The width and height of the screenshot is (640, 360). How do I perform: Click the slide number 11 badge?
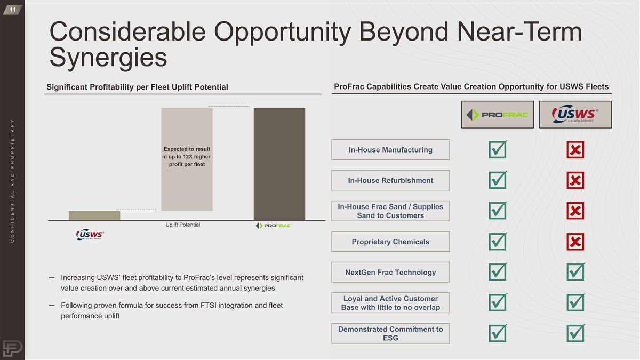pos(13,10)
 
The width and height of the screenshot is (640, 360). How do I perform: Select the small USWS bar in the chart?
pos(94,215)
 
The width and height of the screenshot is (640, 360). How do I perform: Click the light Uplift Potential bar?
pos(187,159)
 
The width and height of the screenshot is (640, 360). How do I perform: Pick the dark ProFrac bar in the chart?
pos(279,164)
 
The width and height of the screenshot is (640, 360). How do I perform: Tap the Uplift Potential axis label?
pos(183,225)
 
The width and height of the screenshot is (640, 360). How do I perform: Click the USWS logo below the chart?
pos(90,235)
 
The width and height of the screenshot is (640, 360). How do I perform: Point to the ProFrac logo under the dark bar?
pos(273,226)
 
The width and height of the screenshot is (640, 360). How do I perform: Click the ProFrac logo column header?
pos(498,115)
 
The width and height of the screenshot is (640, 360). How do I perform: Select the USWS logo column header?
pos(575,115)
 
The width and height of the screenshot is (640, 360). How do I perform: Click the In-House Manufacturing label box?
pos(390,150)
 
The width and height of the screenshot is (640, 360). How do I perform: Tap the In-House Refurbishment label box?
pos(390,180)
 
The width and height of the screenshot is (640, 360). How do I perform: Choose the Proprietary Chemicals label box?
pos(390,242)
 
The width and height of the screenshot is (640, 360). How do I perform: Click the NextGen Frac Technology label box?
pos(390,273)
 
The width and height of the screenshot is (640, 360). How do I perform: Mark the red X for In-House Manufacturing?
pos(575,150)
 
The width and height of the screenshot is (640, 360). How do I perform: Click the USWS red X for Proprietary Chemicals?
pos(575,242)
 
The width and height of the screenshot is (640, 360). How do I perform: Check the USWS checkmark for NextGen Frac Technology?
pos(575,272)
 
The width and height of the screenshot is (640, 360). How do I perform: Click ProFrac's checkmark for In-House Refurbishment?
pos(498,180)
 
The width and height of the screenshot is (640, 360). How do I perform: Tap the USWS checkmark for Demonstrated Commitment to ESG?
pos(575,333)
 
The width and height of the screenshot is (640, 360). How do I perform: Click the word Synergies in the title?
pos(108,58)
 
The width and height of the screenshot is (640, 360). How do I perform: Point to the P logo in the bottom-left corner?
pos(13,348)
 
